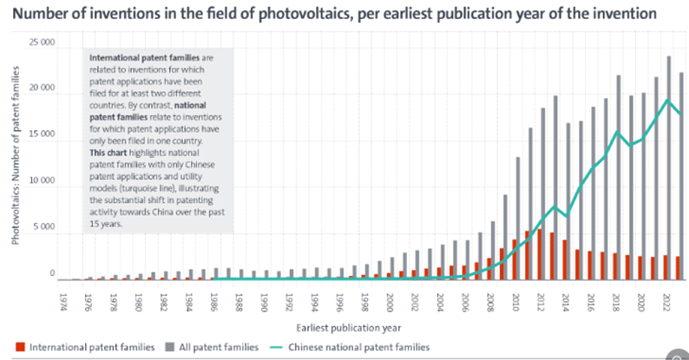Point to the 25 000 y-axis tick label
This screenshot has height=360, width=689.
[42, 43]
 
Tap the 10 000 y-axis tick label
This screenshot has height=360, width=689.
[42, 181]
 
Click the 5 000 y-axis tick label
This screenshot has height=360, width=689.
[43, 228]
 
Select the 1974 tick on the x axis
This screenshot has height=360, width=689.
[63, 300]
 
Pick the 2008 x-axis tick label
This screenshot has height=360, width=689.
[490, 300]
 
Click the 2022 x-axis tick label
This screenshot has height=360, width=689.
[666, 300]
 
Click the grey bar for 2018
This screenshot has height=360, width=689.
[619, 177]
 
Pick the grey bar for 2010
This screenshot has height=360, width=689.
[519, 218]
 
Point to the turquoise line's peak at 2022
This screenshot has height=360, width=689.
[666, 100]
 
